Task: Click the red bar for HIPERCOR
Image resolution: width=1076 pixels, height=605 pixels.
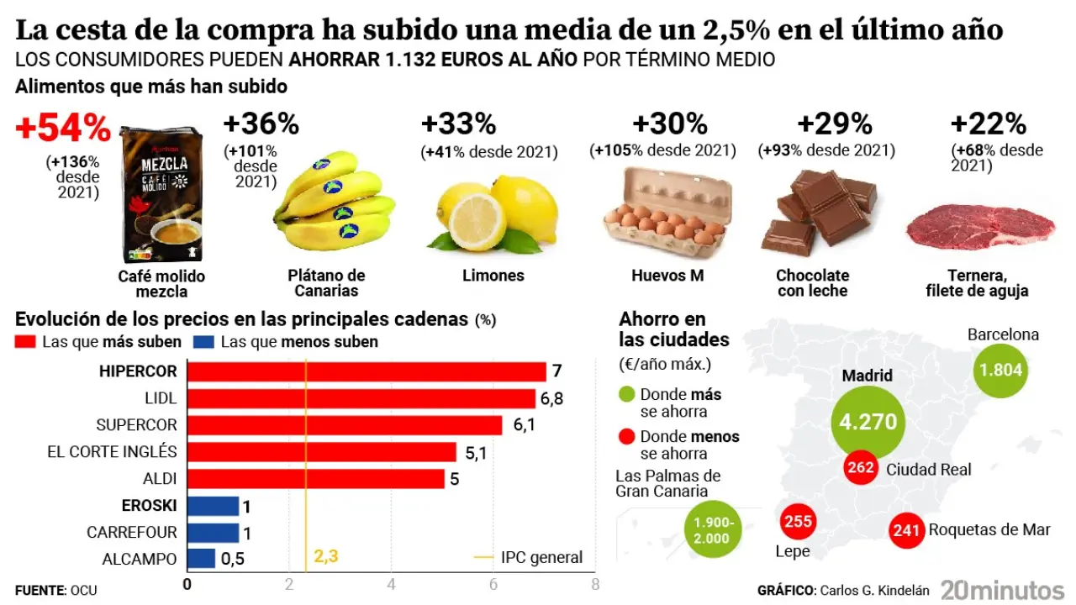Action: tap(366, 371)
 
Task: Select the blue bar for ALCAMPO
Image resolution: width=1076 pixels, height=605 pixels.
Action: tap(201, 559)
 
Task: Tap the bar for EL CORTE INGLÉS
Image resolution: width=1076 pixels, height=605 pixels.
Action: tap(321, 452)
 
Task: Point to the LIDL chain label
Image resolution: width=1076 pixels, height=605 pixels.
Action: tap(161, 398)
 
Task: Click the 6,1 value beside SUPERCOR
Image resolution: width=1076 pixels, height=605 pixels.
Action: tap(524, 425)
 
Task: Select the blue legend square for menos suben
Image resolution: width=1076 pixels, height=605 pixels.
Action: tap(203, 342)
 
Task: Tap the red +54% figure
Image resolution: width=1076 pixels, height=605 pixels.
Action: tap(63, 129)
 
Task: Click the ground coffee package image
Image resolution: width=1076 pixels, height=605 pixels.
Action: tap(161, 195)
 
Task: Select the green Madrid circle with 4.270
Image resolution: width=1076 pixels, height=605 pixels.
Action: tap(868, 421)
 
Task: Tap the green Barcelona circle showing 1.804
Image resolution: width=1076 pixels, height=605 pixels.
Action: tap(1000, 371)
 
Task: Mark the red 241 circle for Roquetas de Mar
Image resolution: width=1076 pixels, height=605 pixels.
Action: tap(907, 530)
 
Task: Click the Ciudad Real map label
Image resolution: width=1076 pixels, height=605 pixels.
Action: tap(928, 469)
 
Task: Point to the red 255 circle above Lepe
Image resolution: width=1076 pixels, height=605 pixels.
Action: tap(798, 522)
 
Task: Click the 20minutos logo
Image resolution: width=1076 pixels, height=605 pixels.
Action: tap(1002, 590)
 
